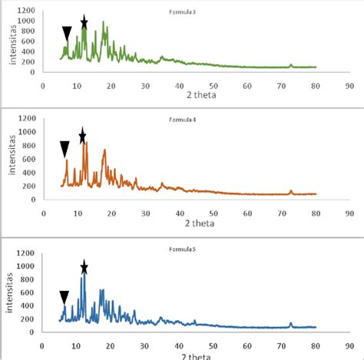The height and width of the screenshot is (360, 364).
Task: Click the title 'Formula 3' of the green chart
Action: pos(182,12)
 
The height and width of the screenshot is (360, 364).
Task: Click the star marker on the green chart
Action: pos(84,23)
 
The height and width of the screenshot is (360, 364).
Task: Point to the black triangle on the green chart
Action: pos(67,33)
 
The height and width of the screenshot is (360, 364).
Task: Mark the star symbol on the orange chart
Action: pos(83,137)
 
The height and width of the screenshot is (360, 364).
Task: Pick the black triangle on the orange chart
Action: pos(65,149)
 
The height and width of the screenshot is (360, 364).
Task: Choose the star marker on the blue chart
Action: pos(84,267)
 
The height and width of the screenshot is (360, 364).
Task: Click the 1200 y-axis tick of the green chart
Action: pos(28,9)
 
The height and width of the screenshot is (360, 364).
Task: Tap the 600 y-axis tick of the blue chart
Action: pos(30,292)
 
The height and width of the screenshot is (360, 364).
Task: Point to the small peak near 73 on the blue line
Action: pos(290,324)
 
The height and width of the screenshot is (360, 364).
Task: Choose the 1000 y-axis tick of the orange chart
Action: pos(28,132)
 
